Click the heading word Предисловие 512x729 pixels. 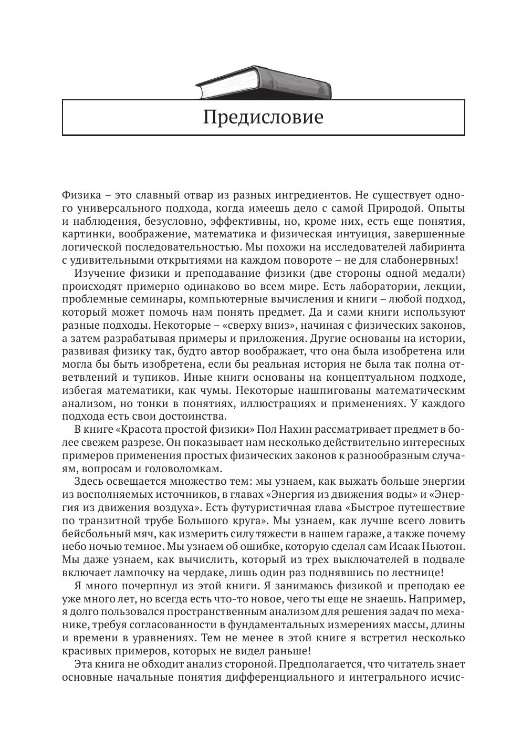click(263, 117)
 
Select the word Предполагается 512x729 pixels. click(319, 664)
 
